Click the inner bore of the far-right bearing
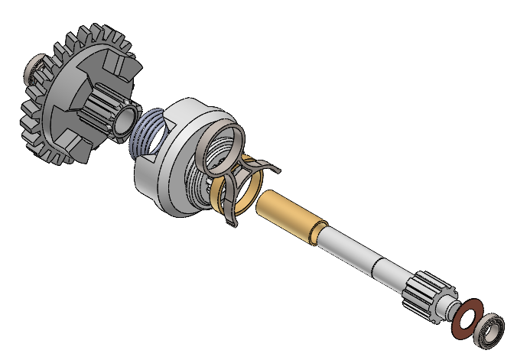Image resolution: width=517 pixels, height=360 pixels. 489,331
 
